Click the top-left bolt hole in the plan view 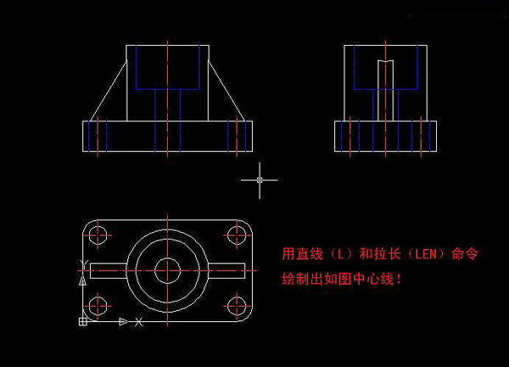point(98,235)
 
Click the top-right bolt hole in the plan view point(237,234)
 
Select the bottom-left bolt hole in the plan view point(98,306)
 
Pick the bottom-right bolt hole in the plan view point(237,306)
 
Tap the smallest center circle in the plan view point(167,270)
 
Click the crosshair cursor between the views point(260,180)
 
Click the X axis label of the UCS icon point(138,322)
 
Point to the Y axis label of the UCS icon point(84,264)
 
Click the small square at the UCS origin point(83,321)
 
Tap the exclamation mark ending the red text point(399,279)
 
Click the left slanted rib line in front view point(109,90)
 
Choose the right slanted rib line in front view point(227,90)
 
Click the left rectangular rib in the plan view point(109,270)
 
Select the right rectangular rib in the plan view point(227,270)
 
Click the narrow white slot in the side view point(386,90)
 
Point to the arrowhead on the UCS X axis point(123,322)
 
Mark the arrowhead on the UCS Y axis point(83,281)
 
